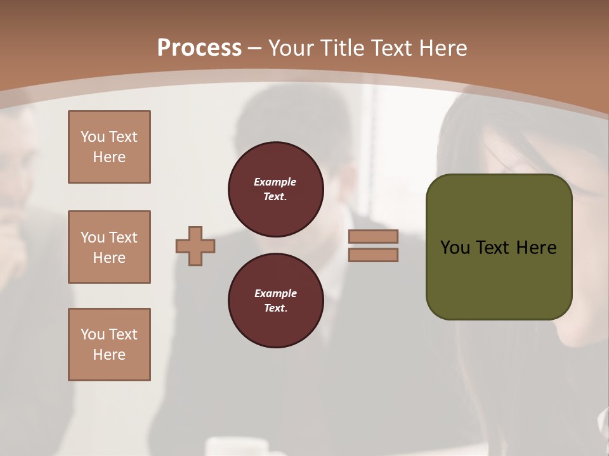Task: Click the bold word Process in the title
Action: tap(199, 48)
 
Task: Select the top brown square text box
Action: tap(109, 147)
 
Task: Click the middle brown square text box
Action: tap(109, 247)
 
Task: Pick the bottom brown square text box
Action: tap(109, 345)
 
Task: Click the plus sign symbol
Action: tap(195, 246)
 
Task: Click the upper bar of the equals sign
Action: tap(373, 237)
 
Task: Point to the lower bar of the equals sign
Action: tap(373, 255)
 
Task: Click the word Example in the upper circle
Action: tap(275, 182)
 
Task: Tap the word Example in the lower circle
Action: tap(275, 294)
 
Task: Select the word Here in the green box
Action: tap(536, 248)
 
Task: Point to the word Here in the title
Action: tap(442, 48)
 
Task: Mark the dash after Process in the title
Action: tap(255, 48)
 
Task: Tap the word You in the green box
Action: tap(455, 248)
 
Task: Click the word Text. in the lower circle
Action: tap(275, 308)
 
